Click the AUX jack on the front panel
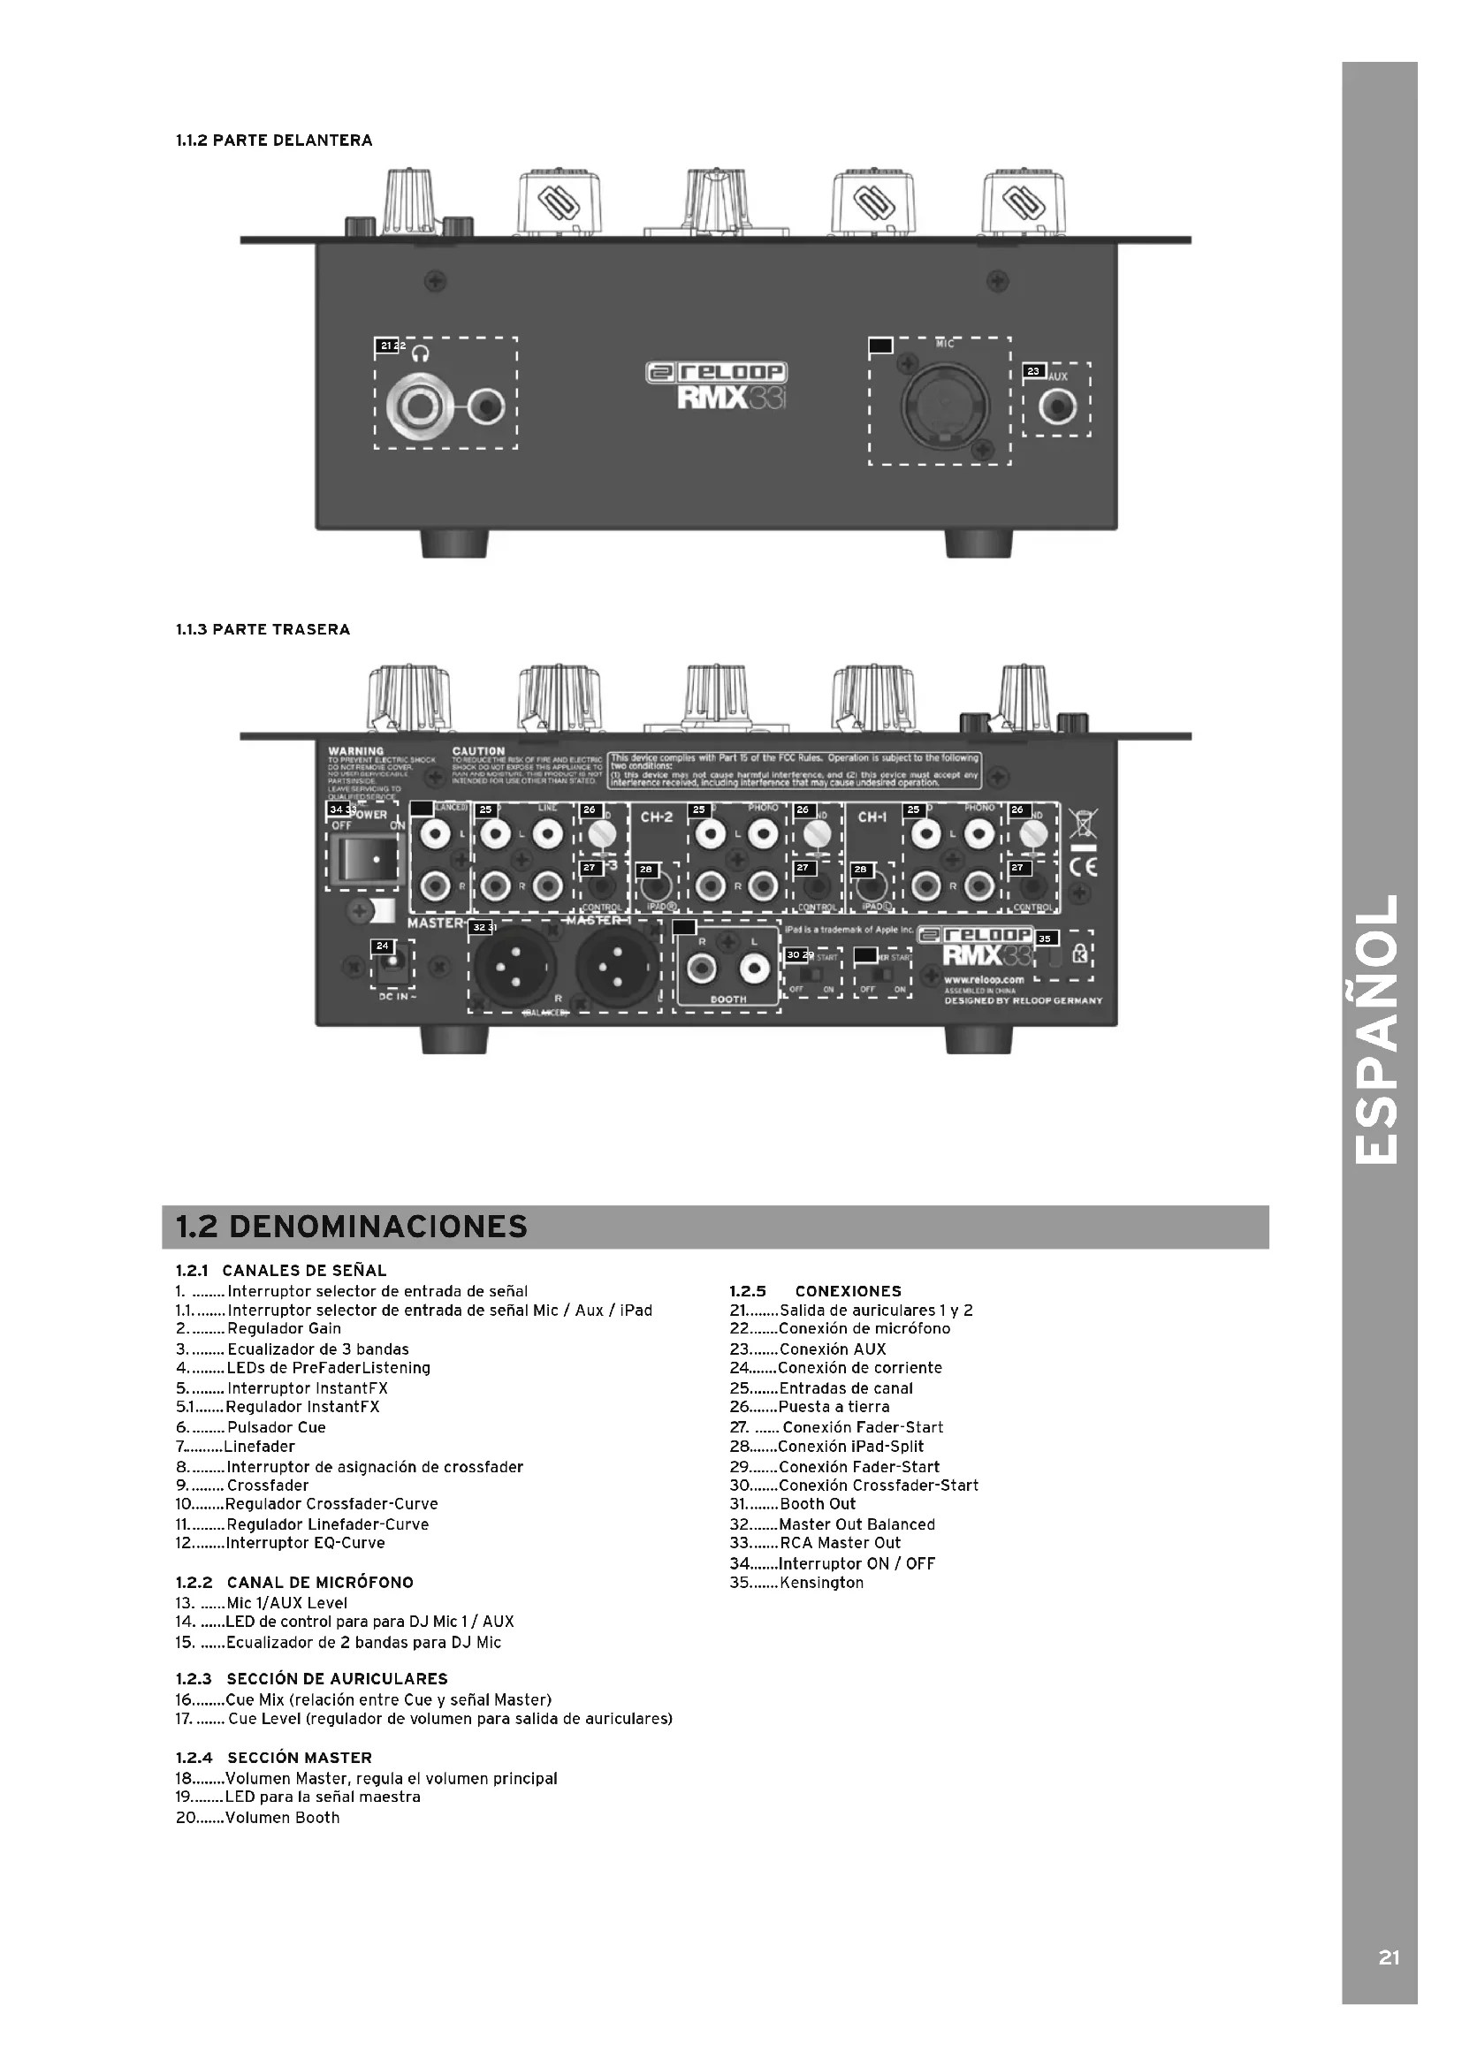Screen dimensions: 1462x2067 [x=1056, y=409]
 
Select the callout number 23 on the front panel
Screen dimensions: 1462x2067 [x=1033, y=371]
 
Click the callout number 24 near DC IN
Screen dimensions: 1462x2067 [x=383, y=946]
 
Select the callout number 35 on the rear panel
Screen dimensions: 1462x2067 [x=1044, y=939]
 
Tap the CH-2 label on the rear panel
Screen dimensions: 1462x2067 [x=656, y=817]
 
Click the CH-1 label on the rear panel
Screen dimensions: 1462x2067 [x=872, y=817]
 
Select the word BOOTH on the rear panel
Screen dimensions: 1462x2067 [x=728, y=999]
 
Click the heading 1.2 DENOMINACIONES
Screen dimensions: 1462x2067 [x=351, y=1227]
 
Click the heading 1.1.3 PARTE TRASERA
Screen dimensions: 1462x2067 [x=263, y=629]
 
